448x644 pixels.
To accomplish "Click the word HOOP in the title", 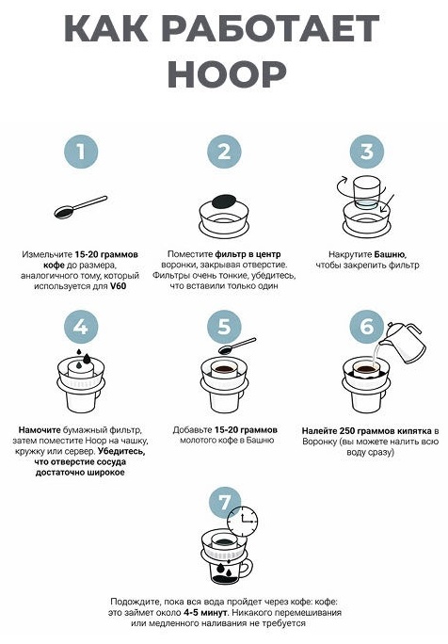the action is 226,74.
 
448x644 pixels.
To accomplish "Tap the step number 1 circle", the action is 81,152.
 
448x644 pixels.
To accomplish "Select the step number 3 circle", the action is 367,152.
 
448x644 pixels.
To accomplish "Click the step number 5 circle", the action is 224,327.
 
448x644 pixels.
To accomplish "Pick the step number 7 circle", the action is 224,502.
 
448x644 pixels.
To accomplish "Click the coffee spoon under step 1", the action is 81,207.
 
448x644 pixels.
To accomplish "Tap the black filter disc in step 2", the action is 224,201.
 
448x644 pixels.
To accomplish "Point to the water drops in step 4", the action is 84,357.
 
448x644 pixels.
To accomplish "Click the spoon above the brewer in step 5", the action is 237,346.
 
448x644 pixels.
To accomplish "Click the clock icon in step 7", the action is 242,521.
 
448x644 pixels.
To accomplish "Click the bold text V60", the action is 118,286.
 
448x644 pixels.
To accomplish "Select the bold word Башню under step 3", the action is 390,254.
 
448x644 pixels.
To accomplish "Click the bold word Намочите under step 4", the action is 40,430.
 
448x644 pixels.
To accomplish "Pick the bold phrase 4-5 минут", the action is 205,613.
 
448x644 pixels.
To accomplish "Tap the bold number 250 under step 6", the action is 347,431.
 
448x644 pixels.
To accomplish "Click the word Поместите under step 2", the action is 190,254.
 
